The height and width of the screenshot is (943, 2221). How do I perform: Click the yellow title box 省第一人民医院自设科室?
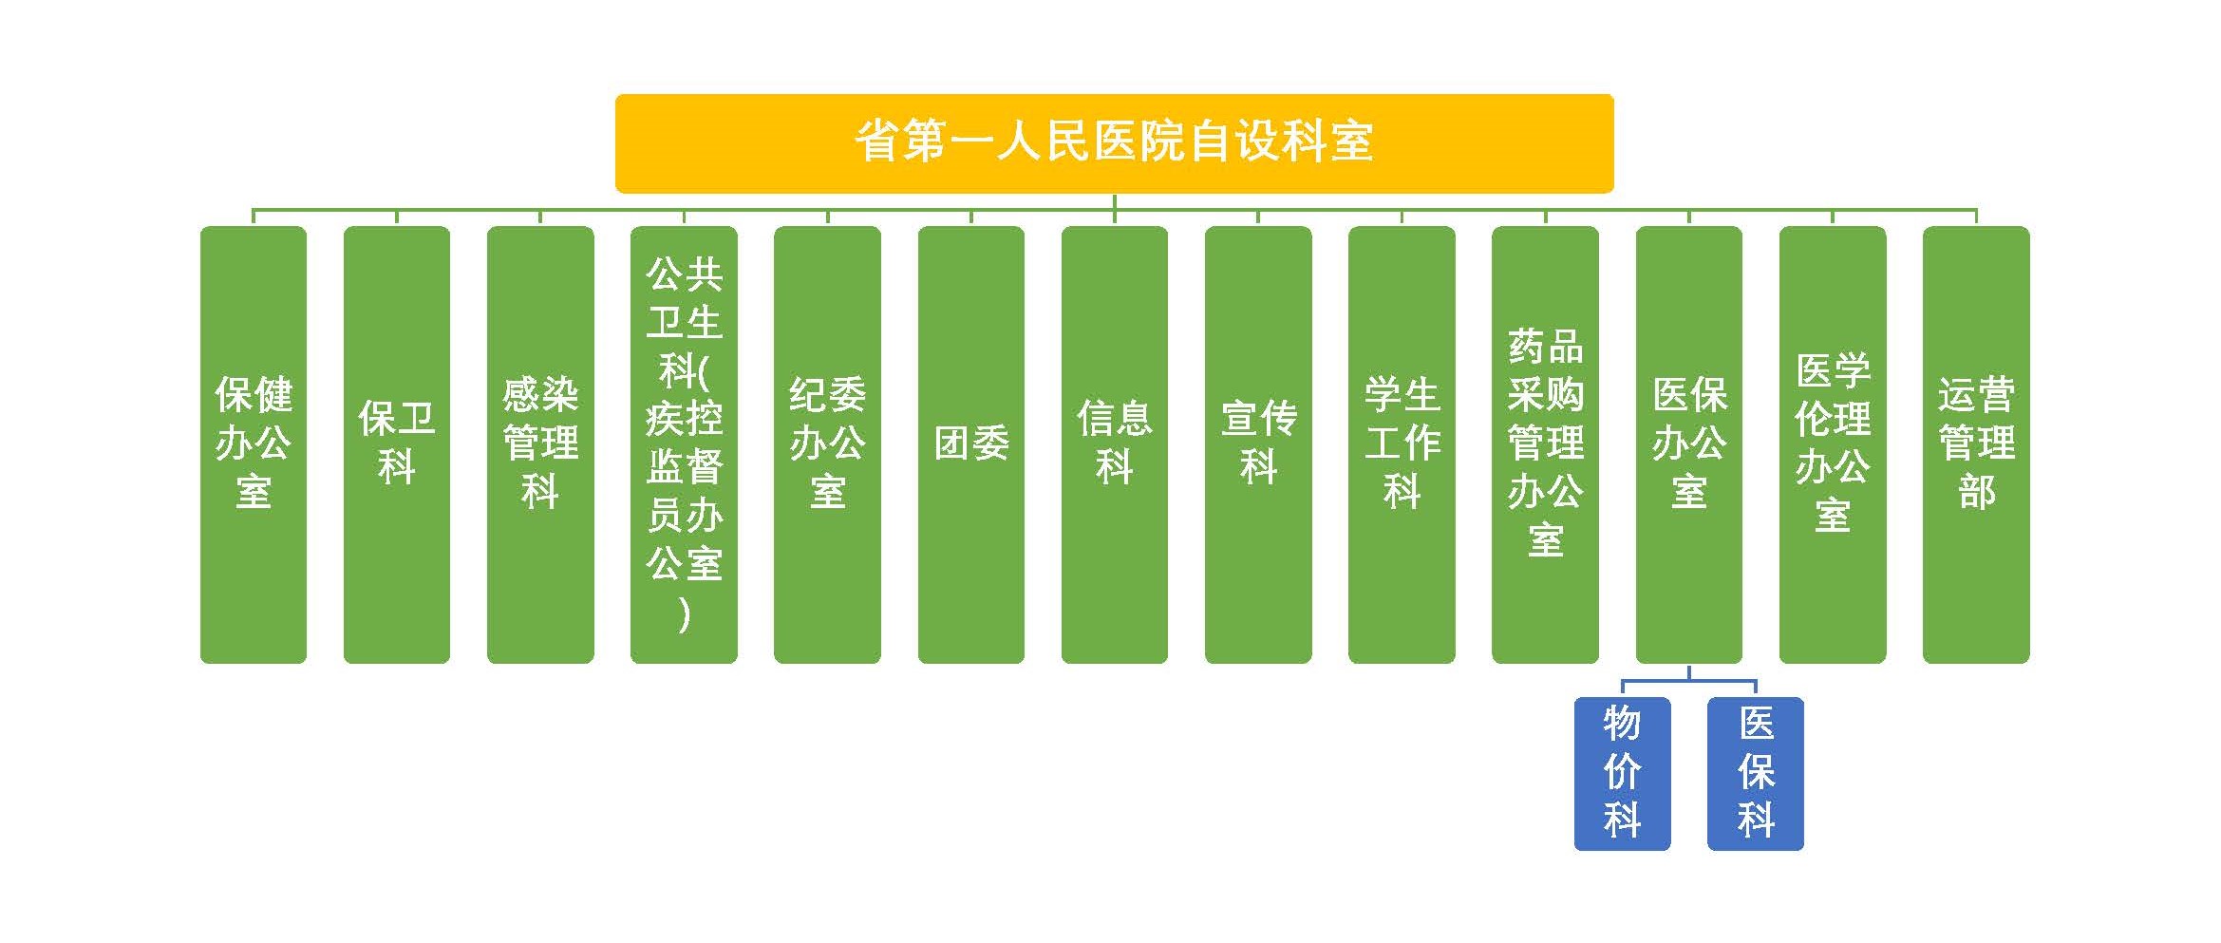pos(1114,143)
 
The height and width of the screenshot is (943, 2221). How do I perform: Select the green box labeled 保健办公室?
pos(254,444)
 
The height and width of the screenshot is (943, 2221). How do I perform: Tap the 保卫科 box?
pos(397,444)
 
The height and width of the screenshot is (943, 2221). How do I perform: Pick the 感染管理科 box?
pos(540,444)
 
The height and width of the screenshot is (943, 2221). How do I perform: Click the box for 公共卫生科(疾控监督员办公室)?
pos(684,444)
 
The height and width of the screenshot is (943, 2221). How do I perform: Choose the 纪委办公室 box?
pos(827,444)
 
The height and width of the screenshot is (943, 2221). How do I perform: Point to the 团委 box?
pos(971,444)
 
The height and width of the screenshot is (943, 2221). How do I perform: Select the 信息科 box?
pos(1115,444)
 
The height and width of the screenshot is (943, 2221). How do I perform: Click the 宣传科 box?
pos(1258,444)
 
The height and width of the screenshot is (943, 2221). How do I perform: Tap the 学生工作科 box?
pos(1402,444)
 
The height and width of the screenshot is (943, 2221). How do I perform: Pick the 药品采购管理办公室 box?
pos(1545,444)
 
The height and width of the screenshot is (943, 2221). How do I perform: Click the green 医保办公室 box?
pos(1689,444)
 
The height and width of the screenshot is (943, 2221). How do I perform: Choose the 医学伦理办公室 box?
pos(1833,444)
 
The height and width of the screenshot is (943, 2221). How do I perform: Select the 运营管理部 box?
pos(1976,444)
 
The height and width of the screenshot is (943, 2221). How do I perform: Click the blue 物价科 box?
pos(1623,774)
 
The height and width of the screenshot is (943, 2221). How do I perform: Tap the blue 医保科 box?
pos(1756,774)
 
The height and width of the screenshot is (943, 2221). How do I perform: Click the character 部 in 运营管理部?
pos(1977,492)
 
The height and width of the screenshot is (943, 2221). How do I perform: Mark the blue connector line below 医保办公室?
pos(1689,681)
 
